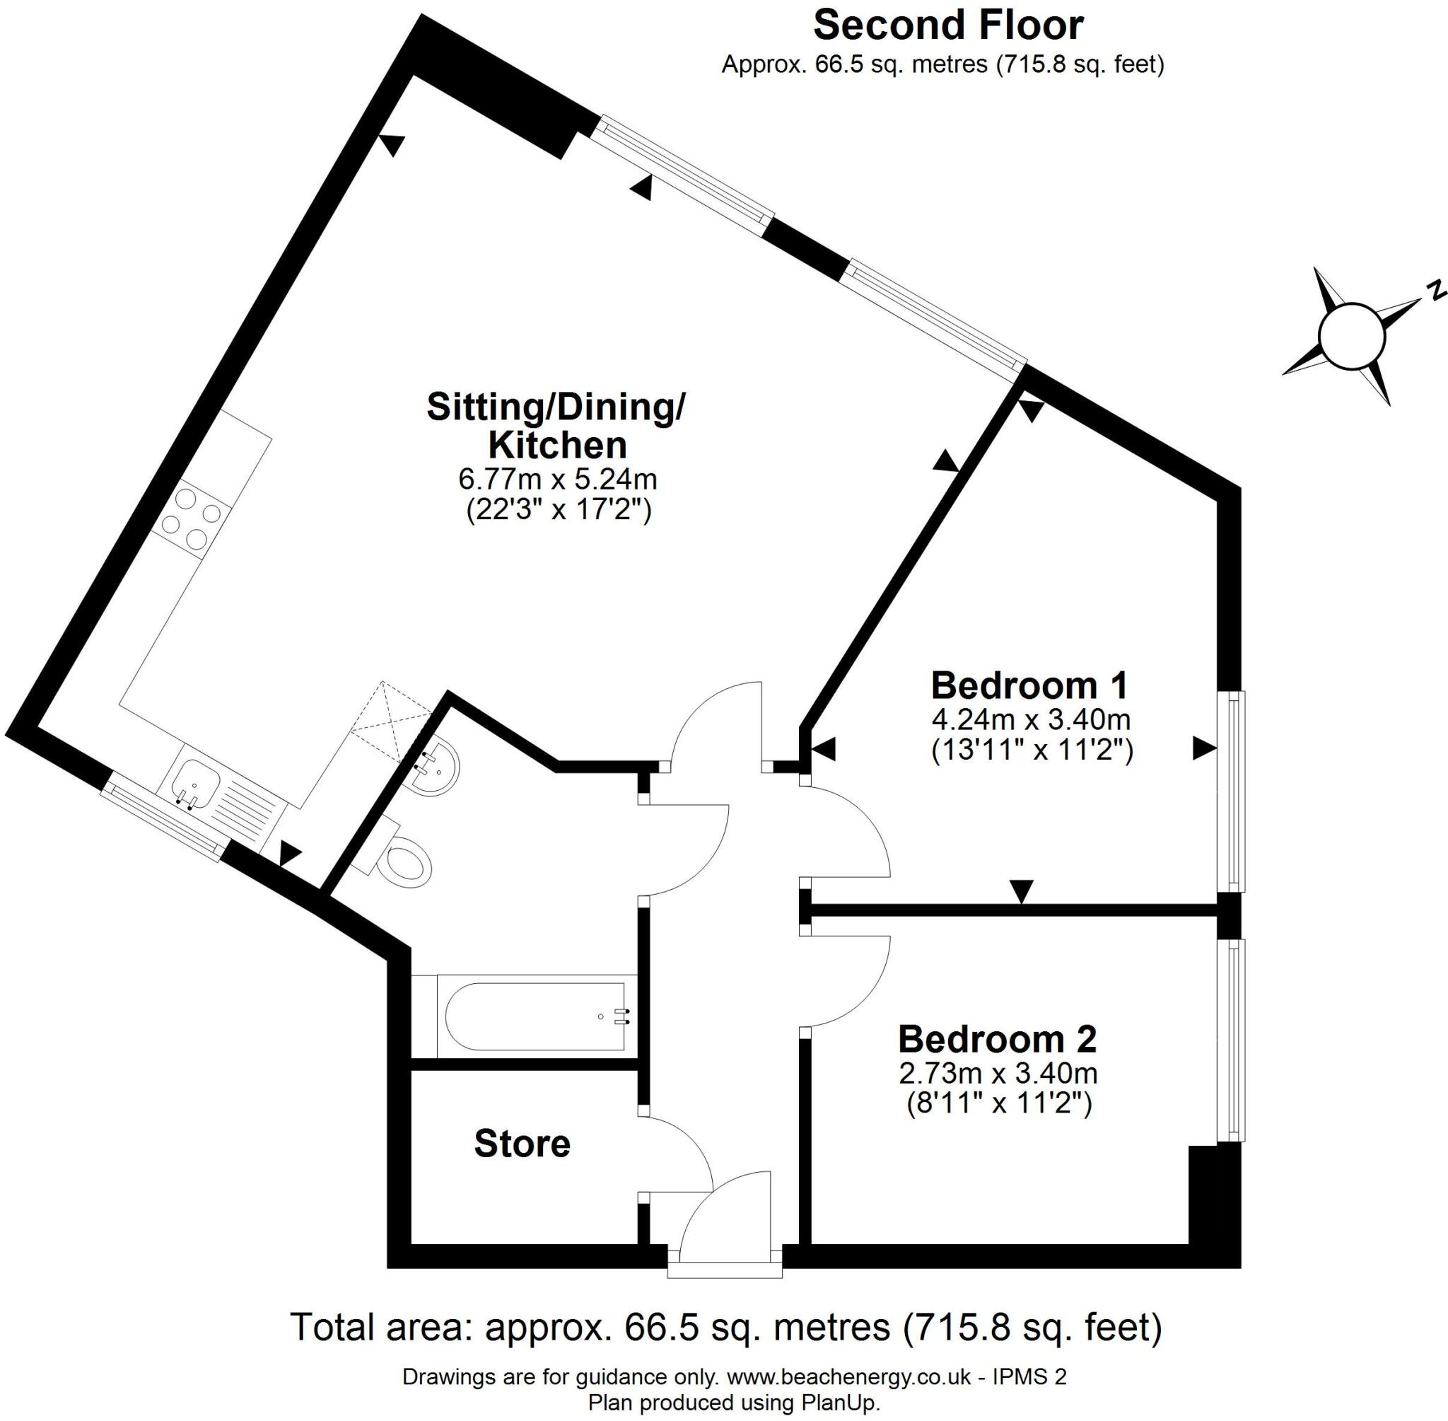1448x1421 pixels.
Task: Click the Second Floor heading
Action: pyautogui.click(x=947, y=25)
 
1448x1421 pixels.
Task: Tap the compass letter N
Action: pyautogui.click(x=1433, y=290)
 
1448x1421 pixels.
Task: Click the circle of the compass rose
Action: pyautogui.click(x=1351, y=337)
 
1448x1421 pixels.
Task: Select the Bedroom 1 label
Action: pyautogui.click(x=1029, y=685)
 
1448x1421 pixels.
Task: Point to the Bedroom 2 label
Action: pyautogui.click(x=998, y=1039)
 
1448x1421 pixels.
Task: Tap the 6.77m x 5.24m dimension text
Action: pyautogui.click(x=557, y=477)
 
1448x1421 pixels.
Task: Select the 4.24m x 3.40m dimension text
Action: pyautogui.click(x=1031, y=719)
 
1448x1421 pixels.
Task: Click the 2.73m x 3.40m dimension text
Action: pyautogui.click(x=998, y=1073)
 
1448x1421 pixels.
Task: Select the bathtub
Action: pyautogui.click(x=536, y=1016)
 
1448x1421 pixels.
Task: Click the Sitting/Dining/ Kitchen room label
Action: pyautogui.click(x=556, y=425)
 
